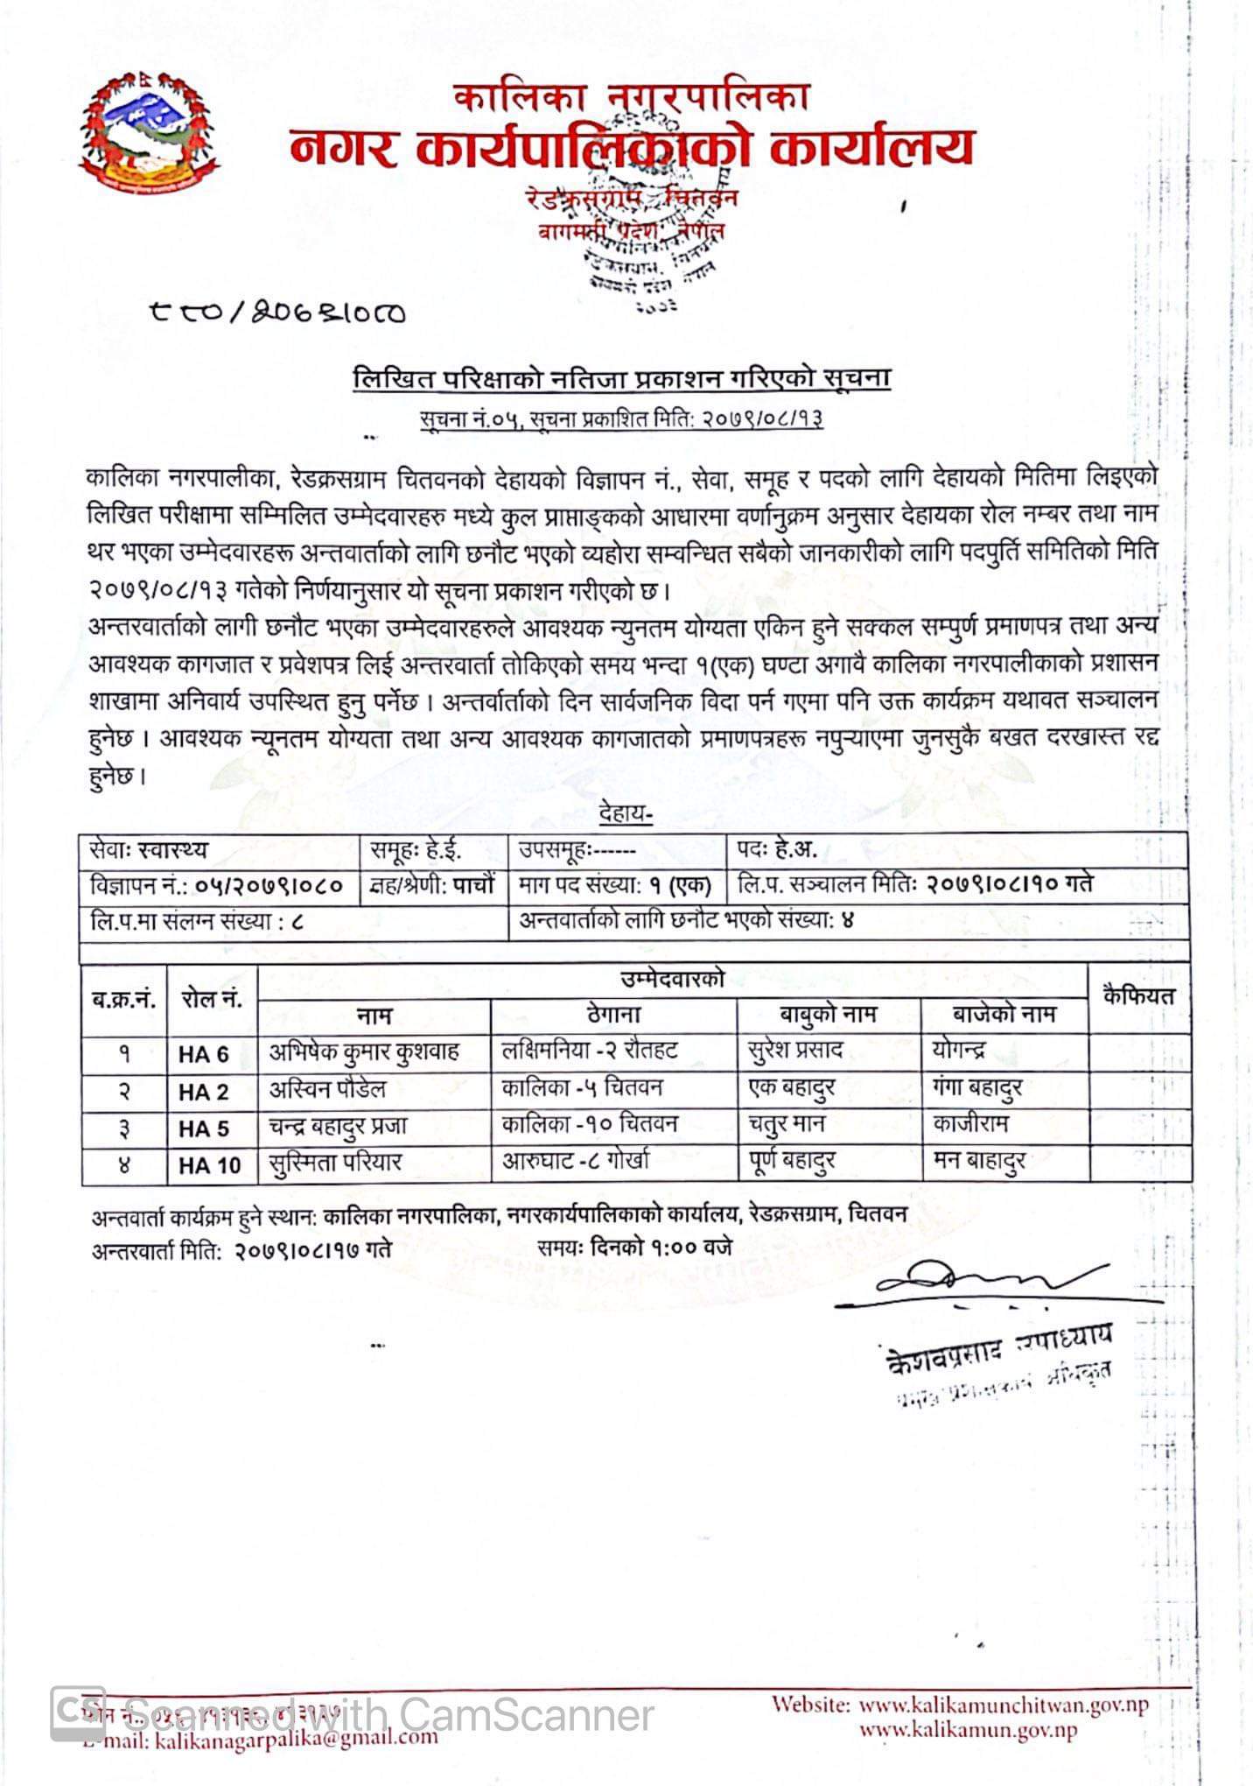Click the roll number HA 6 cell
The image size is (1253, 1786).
pos(203,1054)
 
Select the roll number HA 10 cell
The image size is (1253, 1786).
pos(209,1165)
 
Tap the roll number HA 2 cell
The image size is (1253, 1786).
pos(203,1092)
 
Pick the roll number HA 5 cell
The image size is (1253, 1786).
pos(203,1129)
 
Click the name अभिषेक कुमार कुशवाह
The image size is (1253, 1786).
pos(364,1052)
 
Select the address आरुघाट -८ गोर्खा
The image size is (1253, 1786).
pos(576,1164)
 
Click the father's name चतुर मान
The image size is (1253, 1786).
pos(787,1125)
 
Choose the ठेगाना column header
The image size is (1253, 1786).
pos(613,1015)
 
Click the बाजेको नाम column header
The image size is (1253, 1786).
pos(1004,1015)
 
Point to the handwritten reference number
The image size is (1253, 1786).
pos(278,313)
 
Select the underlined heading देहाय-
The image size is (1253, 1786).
pos(626,815)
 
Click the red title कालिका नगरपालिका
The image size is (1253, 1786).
pos(630,97)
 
